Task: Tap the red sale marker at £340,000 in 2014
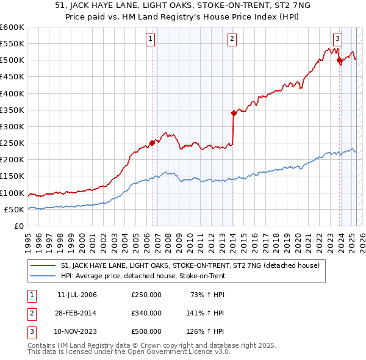234,113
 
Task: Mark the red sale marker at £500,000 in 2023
339,60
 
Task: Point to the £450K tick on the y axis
12,77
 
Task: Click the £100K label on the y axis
12,193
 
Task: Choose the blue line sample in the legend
43,276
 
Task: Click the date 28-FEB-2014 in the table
77,313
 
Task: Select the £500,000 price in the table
146,331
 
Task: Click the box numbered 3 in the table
31,331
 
